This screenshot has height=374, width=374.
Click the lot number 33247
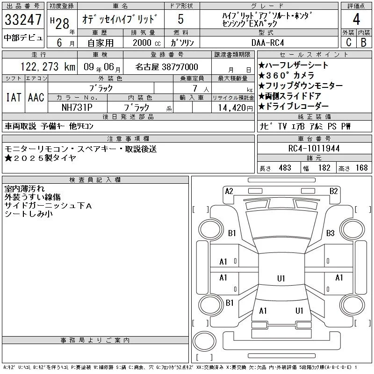point(23,20)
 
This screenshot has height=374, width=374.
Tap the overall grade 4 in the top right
point(356,19)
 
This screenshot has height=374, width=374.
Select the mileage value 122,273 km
point(48,66)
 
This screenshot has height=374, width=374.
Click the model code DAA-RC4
point(268,43)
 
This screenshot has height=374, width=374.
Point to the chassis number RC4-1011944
point(314,148)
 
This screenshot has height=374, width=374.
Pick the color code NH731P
point(77,108)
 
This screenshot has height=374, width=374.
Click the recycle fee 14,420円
point(235,108)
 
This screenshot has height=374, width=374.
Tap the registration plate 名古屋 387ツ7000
point(166,67)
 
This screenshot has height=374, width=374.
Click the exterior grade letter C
point(349,42)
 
